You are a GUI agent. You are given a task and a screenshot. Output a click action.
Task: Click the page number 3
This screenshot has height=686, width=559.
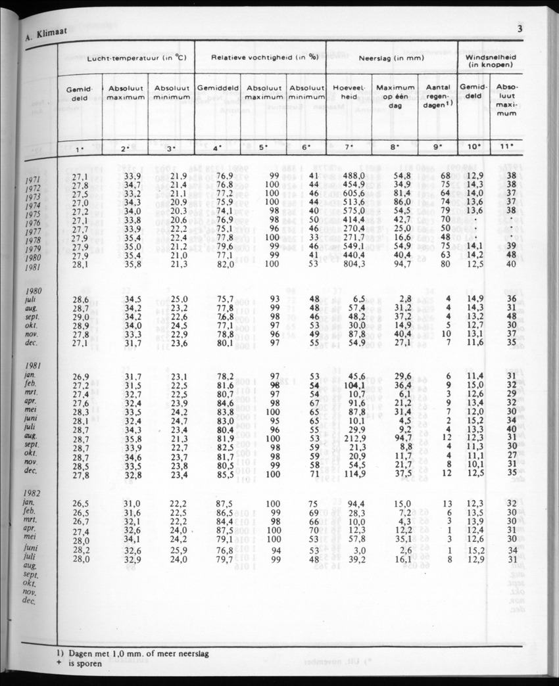click(520, 29)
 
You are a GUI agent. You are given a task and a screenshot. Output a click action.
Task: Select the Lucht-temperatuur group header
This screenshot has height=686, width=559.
click(137, 58)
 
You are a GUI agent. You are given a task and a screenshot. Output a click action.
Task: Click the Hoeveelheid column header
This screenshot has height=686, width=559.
click(349, 91)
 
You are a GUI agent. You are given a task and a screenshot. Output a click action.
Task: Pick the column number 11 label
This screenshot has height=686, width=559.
click(506, 147)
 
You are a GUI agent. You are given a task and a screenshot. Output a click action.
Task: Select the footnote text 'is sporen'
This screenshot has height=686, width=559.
click(88, 664)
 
